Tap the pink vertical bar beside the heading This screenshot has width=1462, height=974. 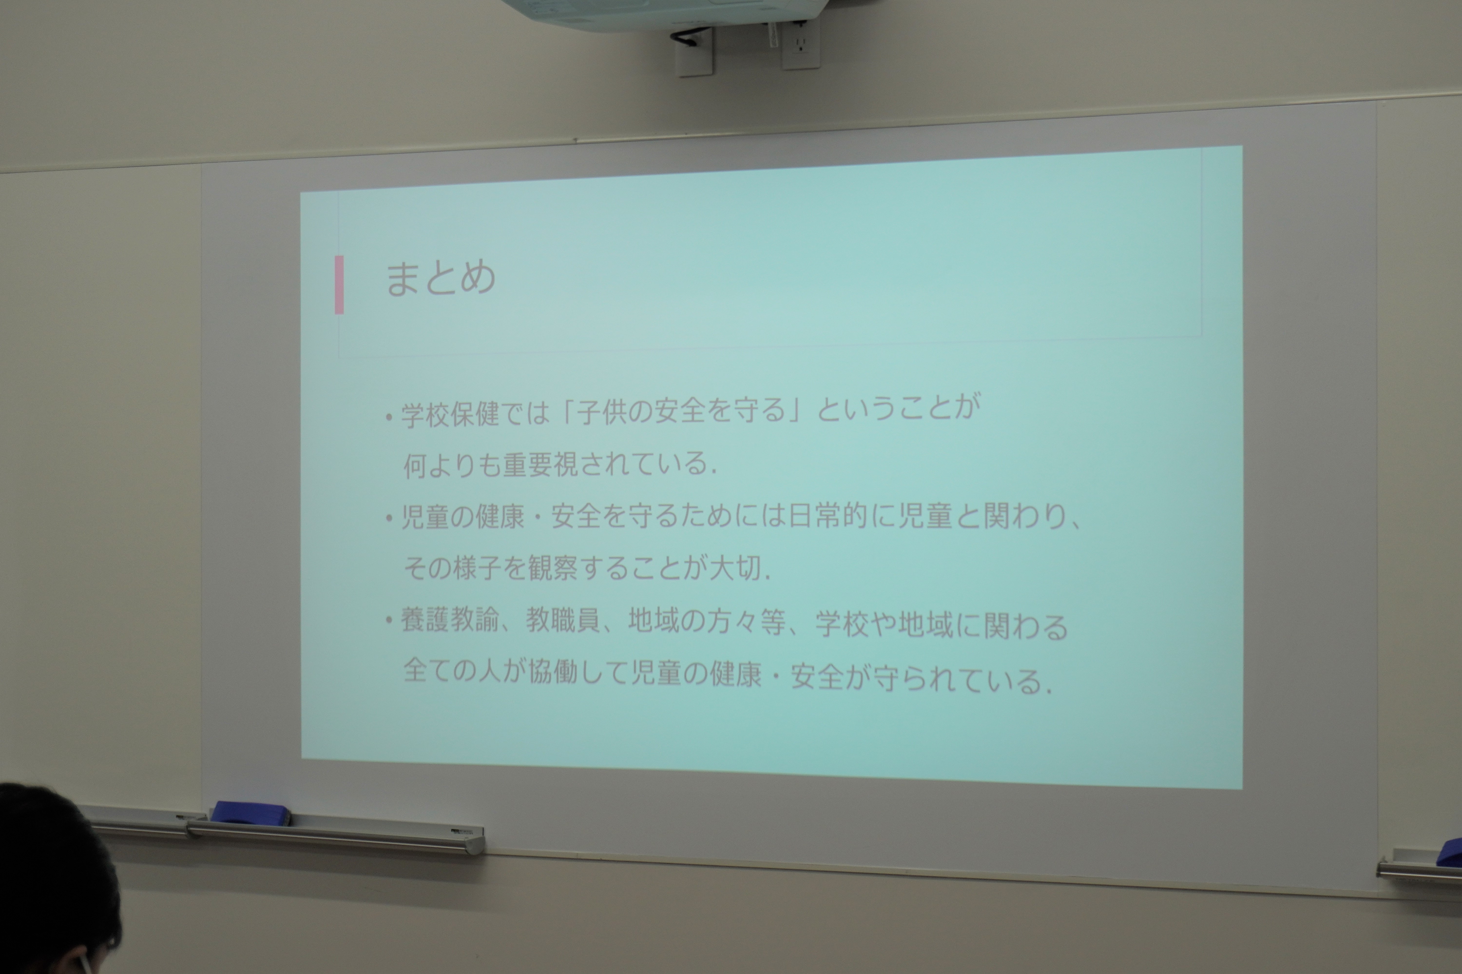339,284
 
